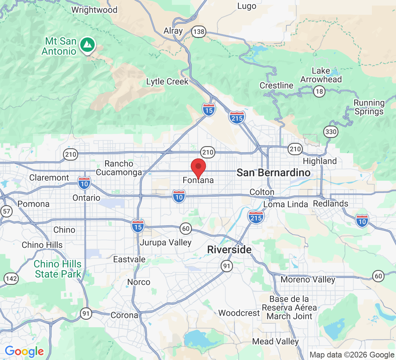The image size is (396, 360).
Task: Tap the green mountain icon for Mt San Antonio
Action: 87,45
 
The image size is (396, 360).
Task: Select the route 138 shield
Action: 198,32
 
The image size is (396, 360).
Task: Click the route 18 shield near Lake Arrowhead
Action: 319,91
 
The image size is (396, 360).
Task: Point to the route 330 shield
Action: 330,132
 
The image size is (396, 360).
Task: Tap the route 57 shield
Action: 6,211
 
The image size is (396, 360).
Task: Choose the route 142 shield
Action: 12,278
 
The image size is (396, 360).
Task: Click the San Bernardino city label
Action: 273,173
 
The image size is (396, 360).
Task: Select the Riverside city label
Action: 229,249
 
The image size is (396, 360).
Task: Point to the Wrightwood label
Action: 94,10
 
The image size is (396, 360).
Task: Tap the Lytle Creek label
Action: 167,82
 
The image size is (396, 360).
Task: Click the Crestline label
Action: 276,86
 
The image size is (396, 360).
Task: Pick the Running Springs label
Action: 369,107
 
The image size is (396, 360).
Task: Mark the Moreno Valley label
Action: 308,279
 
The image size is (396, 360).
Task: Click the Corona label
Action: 124,315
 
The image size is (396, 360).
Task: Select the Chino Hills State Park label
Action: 58,269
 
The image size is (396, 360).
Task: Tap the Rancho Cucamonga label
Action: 119,168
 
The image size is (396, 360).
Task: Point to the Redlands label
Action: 330,204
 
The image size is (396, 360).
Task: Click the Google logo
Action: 24,351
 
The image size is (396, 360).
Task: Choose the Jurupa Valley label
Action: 166,243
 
